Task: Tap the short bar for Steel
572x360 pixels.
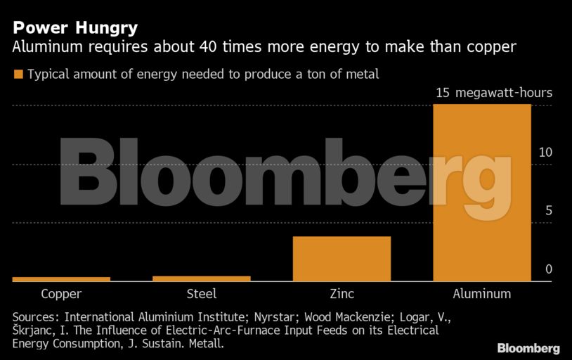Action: click(202, 279)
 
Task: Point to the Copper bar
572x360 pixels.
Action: click(61, 279)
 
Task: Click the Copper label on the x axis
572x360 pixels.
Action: click(61, 294)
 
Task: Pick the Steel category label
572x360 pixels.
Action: click(202, 294)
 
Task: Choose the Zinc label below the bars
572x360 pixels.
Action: click(342, 294)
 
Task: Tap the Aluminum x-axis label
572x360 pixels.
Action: click(482, 294)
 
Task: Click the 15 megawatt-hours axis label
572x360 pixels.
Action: click(494, 93)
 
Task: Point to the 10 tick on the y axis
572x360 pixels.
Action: click(545, 153)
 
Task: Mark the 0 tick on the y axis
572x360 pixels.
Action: click(549, 269)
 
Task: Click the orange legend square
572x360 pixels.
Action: click(18, 74)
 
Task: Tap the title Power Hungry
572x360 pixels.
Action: click(74, 28)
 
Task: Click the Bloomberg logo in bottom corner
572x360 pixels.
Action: click(528, 348)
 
